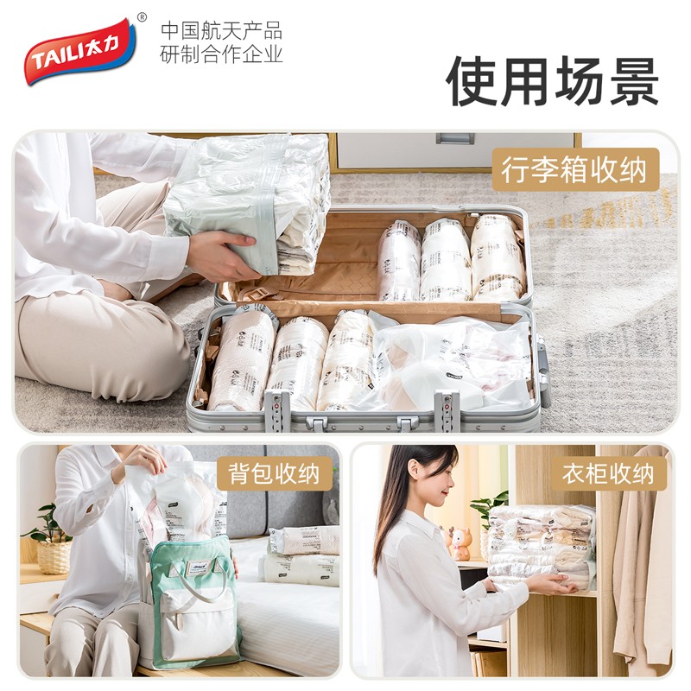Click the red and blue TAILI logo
(79, 51)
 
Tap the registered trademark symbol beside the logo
(143, 17)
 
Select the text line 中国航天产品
(222, 30)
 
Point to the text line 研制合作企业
(222, 54)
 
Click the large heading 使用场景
(553, 82)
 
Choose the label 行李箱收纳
(574, 169)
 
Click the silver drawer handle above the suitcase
(454, 138)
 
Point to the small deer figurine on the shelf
(460, 544)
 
